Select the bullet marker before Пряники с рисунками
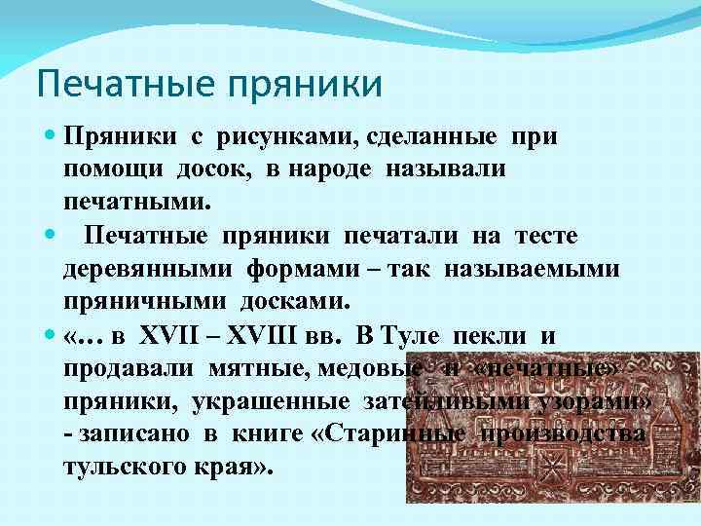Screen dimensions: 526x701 [50, 136]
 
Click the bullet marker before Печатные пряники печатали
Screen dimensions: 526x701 [50, 236]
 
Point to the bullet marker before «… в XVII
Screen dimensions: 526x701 [50, 336]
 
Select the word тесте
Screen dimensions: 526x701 [544, 236]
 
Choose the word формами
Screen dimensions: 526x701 [296, 268]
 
